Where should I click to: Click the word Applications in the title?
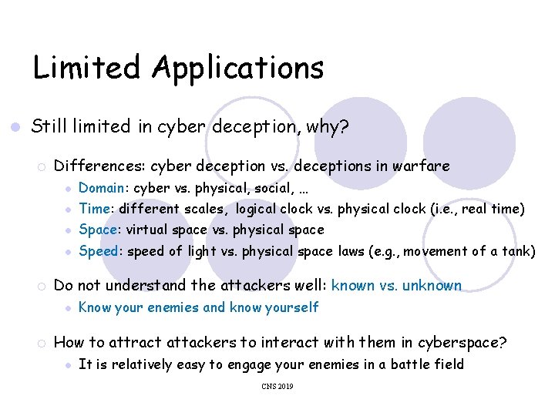[237, 69]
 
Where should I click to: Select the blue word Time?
[94, 209]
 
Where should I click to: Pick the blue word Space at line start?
[98, 230]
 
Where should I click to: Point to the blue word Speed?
[99, 251]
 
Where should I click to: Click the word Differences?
[99, 166]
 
